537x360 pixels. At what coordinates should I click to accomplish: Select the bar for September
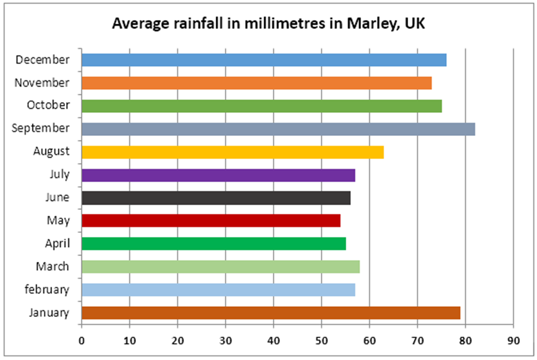pos(278,129)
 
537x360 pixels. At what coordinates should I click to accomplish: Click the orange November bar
pos(256,83)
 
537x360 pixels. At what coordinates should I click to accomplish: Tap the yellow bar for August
pos(232,152)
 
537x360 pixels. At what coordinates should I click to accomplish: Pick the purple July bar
pos(218,175)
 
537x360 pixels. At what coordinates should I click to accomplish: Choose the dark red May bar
pos(210,220)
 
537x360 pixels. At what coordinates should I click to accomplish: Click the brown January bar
pos(271,313)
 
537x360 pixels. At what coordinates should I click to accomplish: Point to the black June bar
pos(216,197)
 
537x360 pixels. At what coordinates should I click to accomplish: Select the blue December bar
pos(263,60)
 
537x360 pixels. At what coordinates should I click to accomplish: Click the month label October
pos(48,105)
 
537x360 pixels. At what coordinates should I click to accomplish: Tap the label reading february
pos(48,290)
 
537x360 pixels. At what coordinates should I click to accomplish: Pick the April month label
pos(57,244)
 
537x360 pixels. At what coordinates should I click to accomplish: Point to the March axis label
pos(52,267)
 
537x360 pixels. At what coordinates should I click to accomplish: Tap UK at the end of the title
pos(415,24)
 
